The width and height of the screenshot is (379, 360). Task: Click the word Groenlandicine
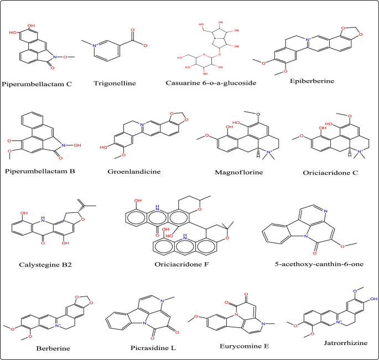134,171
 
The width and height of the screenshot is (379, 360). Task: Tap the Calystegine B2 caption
44,264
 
